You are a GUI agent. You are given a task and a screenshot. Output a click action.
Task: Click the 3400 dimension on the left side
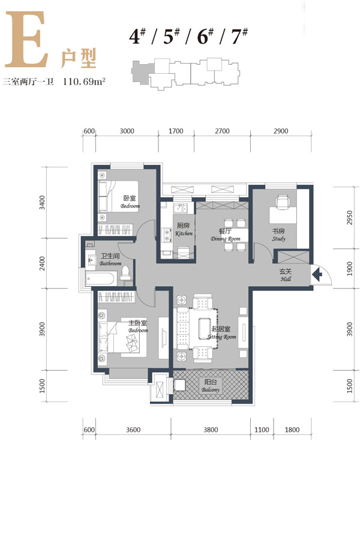[42, 203]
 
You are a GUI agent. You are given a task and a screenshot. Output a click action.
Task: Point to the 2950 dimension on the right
[350, 218]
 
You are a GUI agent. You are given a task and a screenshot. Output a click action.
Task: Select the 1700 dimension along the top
[176, 131]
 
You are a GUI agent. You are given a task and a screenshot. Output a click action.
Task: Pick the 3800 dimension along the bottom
[211, 430]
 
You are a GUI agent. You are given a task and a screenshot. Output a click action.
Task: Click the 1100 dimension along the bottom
[262, 430]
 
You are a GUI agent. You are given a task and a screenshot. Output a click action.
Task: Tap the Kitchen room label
[184, 229]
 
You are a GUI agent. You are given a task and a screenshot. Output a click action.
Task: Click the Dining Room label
[226, 235]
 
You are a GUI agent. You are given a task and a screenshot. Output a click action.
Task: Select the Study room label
[278, 235]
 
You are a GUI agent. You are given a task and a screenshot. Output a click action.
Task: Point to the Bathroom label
[110, 260]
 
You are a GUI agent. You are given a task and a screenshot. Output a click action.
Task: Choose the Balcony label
[211, 386]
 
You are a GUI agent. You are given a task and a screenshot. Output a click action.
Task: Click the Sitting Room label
[221, 333]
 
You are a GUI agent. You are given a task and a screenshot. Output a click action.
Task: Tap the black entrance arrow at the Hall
[317, 274]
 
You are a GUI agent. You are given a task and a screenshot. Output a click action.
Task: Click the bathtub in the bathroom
[99, 278]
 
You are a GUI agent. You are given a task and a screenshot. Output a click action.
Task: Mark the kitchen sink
[180, 209]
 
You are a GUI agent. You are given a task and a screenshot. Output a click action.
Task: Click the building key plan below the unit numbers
[185, 74]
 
